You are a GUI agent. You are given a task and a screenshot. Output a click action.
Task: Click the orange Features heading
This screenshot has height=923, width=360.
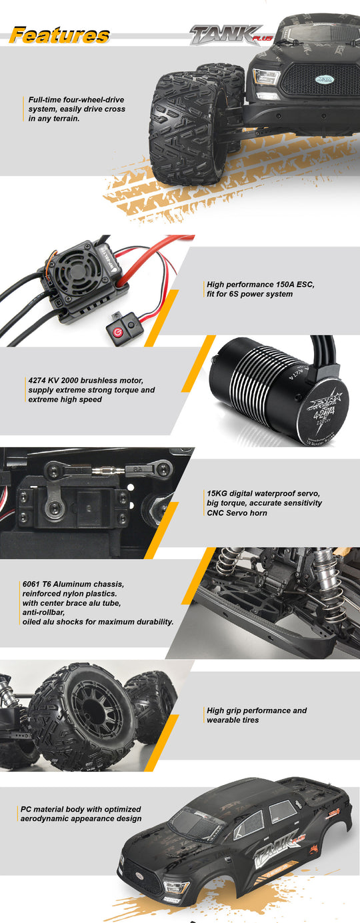click(60, 35)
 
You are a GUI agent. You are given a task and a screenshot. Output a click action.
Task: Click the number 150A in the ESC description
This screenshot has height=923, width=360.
click(287, 285)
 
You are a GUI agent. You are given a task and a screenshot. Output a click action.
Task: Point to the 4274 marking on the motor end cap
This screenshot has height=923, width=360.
click(324, 412)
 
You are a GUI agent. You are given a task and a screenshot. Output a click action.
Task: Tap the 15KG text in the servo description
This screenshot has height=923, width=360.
click(217, 493)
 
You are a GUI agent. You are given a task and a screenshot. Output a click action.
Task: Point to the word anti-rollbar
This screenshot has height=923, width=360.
click(43, 612)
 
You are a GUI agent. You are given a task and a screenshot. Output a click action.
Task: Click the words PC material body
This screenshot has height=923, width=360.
click(50, 809)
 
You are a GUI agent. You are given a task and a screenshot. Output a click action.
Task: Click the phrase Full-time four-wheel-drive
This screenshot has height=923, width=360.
click(76, 100)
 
